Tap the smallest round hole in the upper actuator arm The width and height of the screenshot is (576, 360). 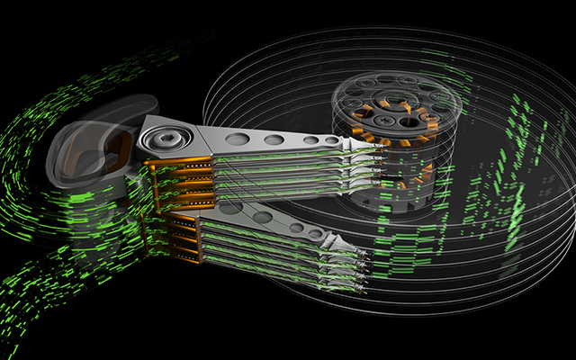332,140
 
